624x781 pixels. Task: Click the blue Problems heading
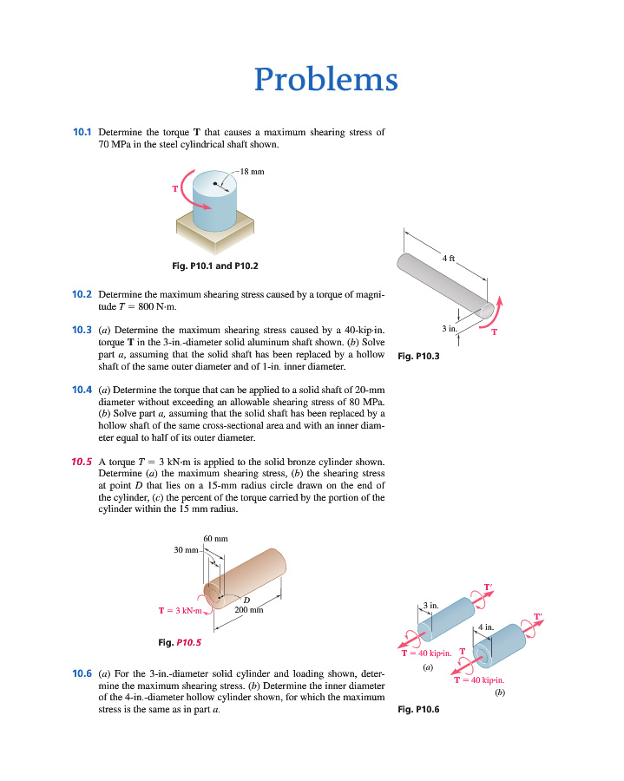click(326, 80)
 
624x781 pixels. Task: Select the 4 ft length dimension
click(448, 259)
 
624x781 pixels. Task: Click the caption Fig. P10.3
click(418, 355)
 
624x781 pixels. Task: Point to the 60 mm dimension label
click(215, 539)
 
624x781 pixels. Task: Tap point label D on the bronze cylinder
click(246, 599)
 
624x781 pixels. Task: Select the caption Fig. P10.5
click(181, 643)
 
